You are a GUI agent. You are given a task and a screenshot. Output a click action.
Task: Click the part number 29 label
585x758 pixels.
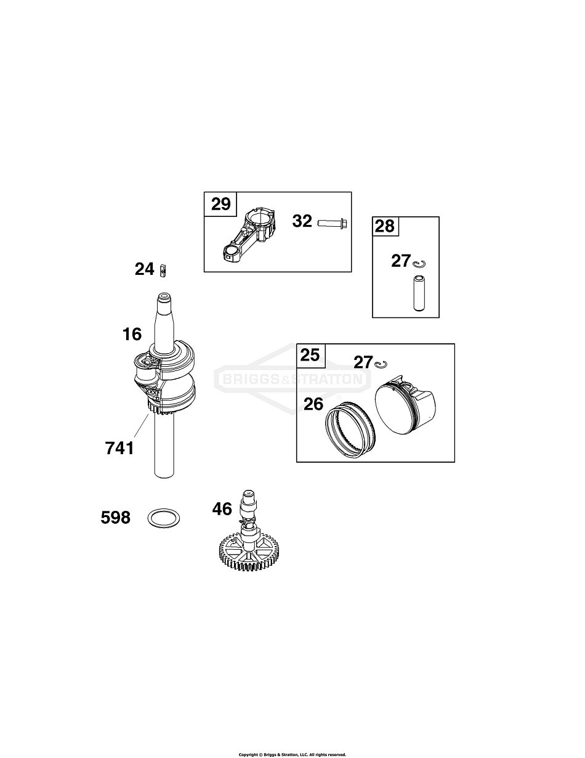tap(220, 204)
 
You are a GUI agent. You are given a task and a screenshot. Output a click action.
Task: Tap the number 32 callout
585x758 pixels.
tap(302, 221)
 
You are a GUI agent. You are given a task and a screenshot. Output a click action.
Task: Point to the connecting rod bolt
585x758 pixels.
tap(333, 221)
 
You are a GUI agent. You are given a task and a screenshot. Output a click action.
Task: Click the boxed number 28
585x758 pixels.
tap(385, 226)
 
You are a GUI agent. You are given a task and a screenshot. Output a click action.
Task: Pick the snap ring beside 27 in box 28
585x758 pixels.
tap(420, 264)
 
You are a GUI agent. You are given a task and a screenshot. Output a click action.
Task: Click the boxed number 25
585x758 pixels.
tap(310, 355)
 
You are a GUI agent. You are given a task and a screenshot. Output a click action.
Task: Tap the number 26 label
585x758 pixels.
tap(313, 404)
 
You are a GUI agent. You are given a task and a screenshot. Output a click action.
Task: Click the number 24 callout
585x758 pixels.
tap(145, 269)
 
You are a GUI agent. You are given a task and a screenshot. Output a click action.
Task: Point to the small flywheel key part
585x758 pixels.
tap(163, 270)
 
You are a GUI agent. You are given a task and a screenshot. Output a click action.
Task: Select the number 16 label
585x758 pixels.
tap(132, 335)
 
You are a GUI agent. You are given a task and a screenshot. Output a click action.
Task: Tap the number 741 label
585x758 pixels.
tap(119, 448)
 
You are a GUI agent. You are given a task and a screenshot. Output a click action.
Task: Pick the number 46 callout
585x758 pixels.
tap(222, 509)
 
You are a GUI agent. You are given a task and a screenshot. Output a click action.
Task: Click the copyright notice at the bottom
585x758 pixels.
tap(292, 754)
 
